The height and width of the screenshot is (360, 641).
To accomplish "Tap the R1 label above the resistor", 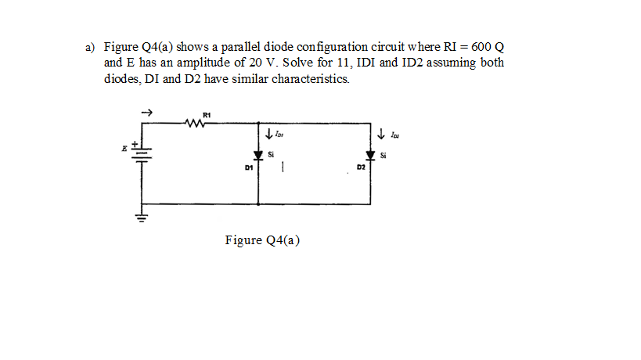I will [x=205, y=114].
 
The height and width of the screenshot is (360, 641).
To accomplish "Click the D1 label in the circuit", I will [x=247, y=167].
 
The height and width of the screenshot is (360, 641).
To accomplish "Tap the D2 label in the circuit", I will [x=360, y=167].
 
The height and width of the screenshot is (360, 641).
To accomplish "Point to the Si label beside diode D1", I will [x=271, y=153].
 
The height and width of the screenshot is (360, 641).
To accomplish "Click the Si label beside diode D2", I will [x=383, y=154].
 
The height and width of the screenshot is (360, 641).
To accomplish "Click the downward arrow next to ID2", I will [x=381, y=134].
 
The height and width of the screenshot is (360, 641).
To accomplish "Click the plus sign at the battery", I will [x=135, y=144].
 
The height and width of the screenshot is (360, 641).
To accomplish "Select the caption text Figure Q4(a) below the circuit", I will [x=262, y=239].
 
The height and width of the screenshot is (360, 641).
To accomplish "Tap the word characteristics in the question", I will [x=306, y=79].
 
